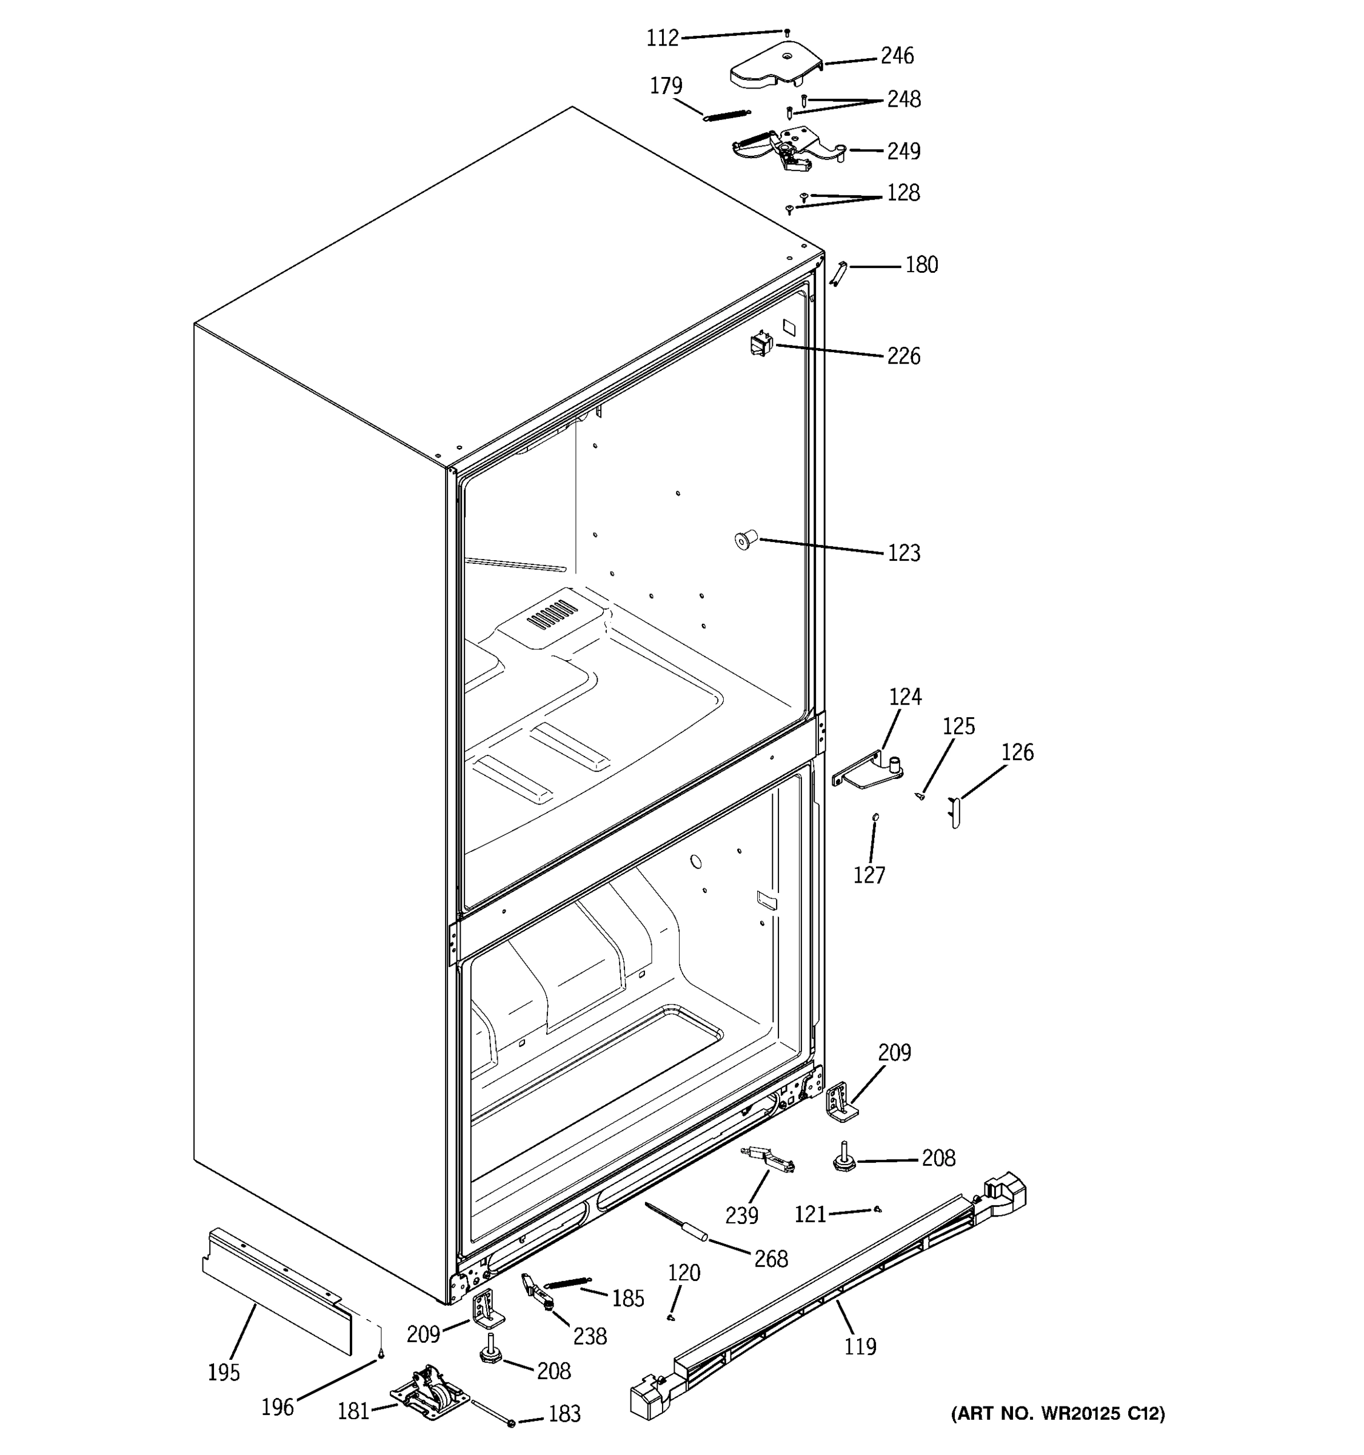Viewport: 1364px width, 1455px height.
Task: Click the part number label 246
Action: (897, 56)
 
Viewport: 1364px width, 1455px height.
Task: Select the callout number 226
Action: (903, 356)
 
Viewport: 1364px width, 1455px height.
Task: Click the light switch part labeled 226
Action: (761, 343)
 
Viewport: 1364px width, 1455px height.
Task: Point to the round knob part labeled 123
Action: (745, 541)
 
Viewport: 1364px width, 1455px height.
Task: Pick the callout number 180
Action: (921, 265)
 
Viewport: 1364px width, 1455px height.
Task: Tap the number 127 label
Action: (869, 875)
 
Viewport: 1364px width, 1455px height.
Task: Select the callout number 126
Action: (1017, 752)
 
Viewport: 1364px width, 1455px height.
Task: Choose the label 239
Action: (741, 1216)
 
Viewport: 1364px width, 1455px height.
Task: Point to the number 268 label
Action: (771, 1259)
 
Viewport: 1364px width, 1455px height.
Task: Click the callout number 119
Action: (859, 1346)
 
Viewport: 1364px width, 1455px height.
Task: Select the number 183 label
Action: (564, 1414)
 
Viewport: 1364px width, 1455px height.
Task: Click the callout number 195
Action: (223, 1373)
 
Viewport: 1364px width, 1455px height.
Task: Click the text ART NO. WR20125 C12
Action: (1057, 1413)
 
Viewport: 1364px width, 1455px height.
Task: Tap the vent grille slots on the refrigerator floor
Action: (552, 614)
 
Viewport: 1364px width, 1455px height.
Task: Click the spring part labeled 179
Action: (727, 115)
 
